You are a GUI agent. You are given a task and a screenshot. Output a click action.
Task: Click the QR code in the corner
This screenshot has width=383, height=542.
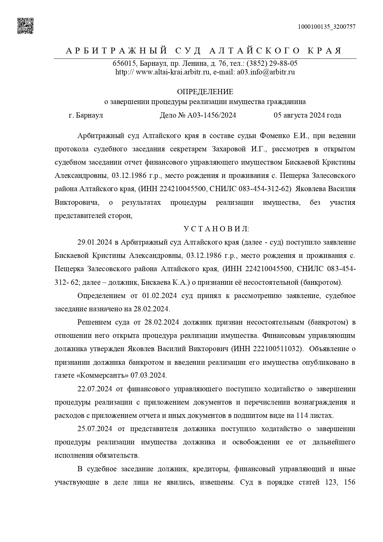tap(25, 26)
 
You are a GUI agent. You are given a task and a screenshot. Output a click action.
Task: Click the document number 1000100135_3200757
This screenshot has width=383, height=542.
tap(327, 27)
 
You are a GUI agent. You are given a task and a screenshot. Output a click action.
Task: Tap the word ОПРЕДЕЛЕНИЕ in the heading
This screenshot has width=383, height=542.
tap(205, 92)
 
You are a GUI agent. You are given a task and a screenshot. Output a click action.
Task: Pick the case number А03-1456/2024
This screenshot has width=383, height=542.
tap(211, 116)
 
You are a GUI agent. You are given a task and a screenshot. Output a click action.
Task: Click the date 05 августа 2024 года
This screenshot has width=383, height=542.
tap(307, 116)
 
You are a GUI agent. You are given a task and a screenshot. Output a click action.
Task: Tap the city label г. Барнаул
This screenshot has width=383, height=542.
tap(86, 116)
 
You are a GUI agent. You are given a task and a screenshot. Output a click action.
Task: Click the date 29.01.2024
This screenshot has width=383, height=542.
tap(95, 242)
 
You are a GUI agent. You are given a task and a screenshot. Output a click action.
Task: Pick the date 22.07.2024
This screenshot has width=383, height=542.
tap(95, 389)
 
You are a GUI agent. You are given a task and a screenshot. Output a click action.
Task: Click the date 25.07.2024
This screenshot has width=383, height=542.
tap(95, 429)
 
